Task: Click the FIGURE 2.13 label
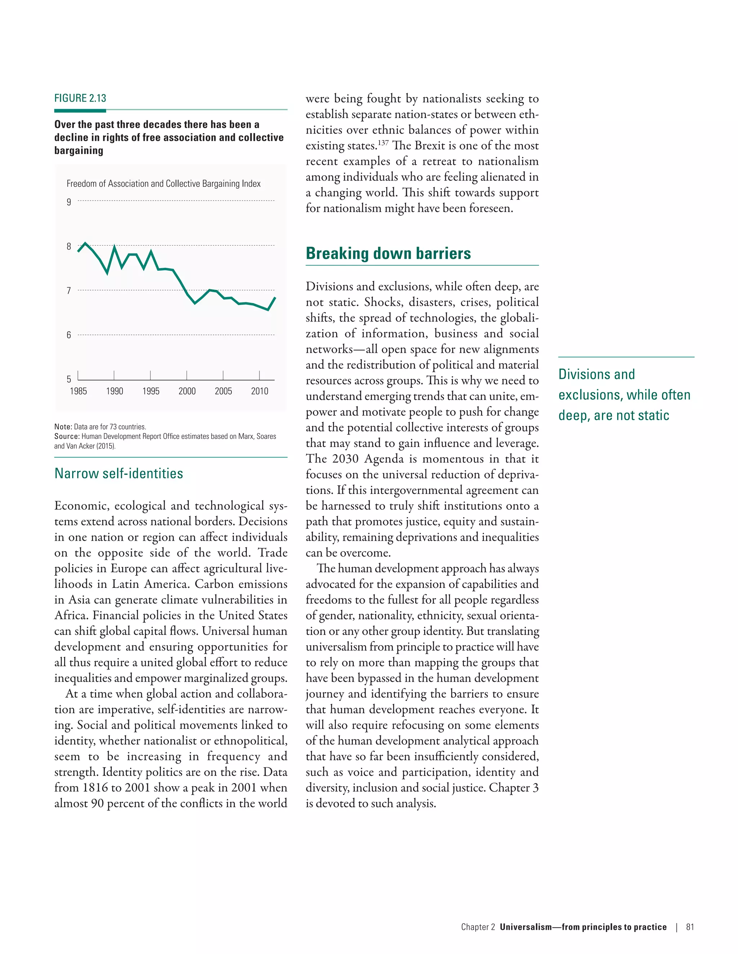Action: tap(80, 98)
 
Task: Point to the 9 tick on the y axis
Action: tap(68, 202)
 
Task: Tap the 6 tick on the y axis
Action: tap(68, 335)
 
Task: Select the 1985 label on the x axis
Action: tap(78, 391)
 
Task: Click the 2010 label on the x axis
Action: tap(259, 391)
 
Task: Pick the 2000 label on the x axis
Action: tap(187, 391)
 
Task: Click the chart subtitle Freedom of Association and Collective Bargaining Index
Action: tap(164, 184)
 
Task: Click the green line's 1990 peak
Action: tap(115, 247)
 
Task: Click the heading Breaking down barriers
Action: tap(388, 253)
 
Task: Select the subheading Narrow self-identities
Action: tap(119, 473)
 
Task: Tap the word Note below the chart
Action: tap(62, 427)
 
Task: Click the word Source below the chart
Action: tap(66, 436)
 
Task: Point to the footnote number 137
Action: tap(383, 143)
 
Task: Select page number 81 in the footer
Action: tap(690, 927)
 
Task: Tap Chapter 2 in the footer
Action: tap(478, 927)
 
